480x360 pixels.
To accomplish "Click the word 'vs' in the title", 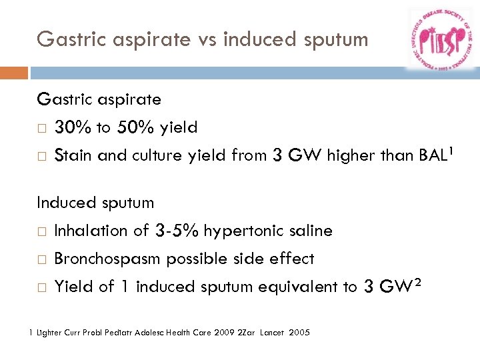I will [x=205, y=39].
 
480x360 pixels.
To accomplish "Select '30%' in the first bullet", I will [x=69, y=127].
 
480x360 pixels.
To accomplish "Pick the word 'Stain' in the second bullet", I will [x=73, y=155].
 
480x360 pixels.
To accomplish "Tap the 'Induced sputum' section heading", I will [x=95, y=203].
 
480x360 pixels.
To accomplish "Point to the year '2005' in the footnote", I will [x=299, y=332].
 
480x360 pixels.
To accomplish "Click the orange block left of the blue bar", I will [x=14, y=73].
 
